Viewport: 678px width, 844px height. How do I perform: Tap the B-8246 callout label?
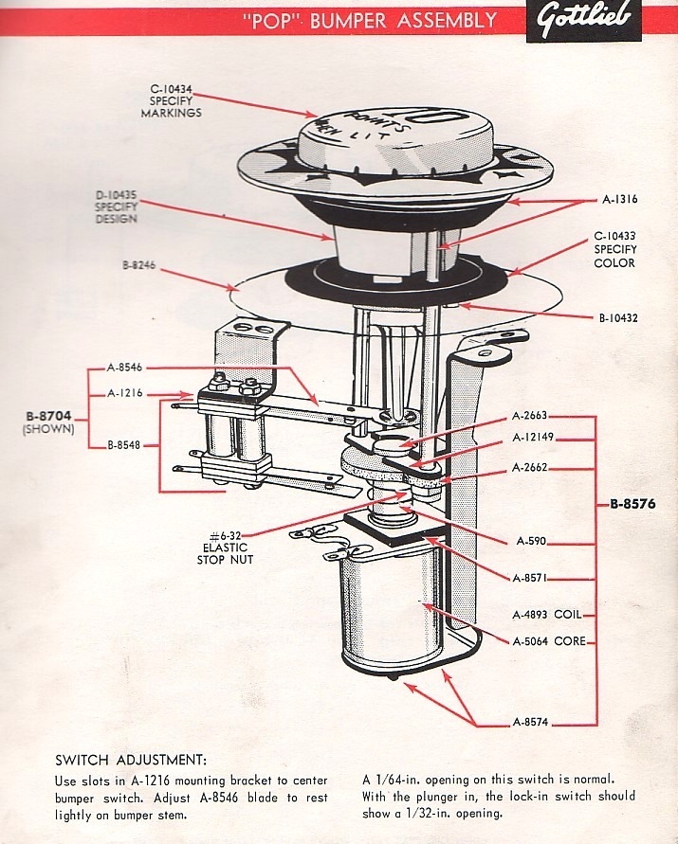tap(139, 266)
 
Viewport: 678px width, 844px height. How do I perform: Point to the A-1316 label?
tap(621, 201)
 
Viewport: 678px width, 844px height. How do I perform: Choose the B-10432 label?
tap(618, 318)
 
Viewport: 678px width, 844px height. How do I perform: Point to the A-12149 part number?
tap(536, 438)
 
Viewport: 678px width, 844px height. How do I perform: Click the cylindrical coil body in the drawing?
tap(389, 606)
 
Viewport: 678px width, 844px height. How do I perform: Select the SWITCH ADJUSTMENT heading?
tap(130, 760)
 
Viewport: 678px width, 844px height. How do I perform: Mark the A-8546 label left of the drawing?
tap(124, 368)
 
